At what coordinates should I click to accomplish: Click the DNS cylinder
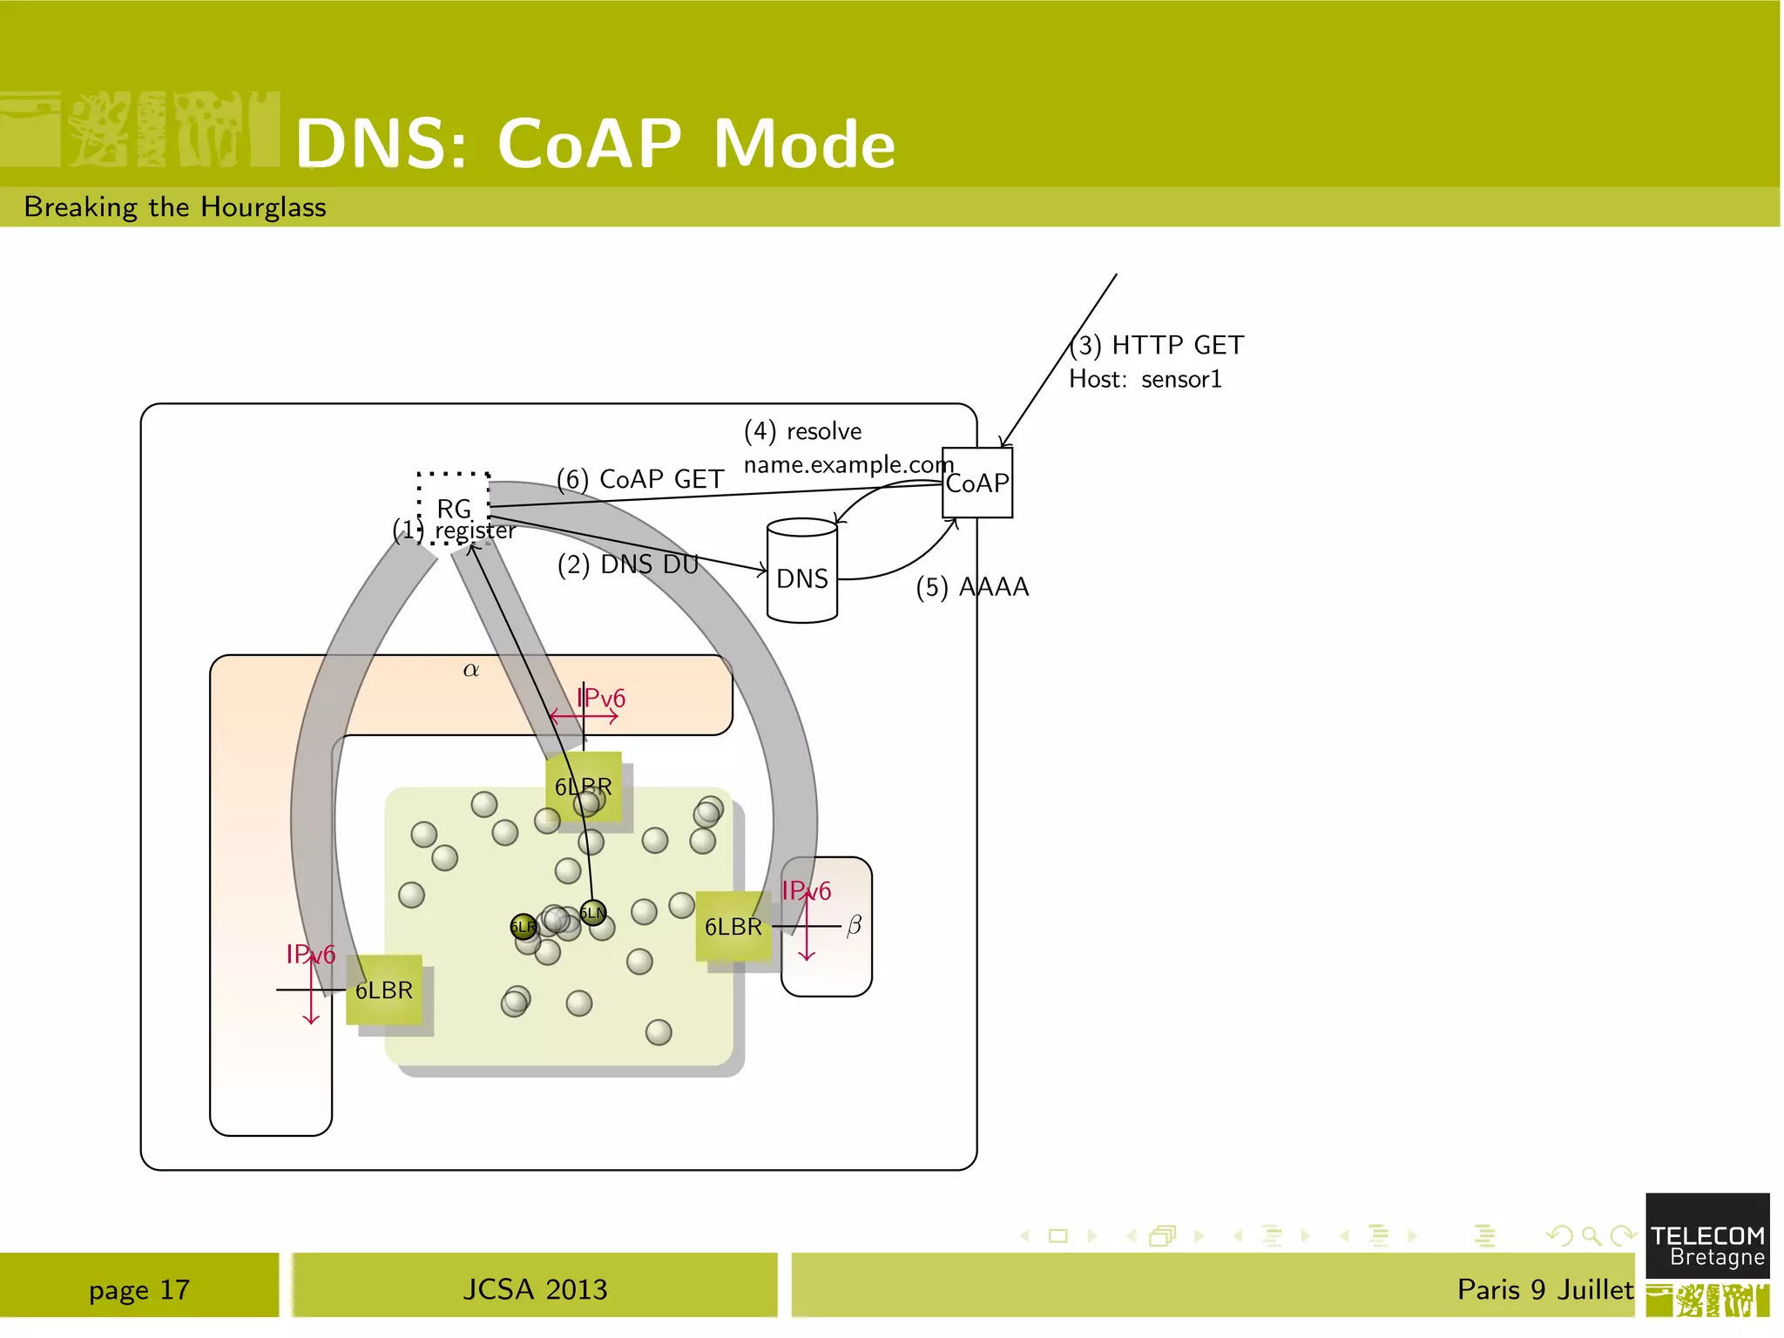[x=801, y=571]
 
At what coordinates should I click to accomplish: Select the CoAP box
[x=977, y=483]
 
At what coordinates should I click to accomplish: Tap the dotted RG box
[x=453, y=508]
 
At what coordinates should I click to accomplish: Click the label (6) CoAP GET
[x=640, y=479]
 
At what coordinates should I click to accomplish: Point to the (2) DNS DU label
[x=628, y=564]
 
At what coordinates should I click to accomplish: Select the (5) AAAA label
[x=972, y=587]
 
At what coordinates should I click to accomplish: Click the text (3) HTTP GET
[x=1159, y=346]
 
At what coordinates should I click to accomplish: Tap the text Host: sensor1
[x=1145, y=380]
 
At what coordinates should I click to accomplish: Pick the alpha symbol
[x=471, y=670]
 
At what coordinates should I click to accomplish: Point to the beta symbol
[x=854, y=925]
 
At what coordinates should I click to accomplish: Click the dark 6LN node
[x=592, y=913]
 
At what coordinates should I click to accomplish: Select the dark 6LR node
[x=523, y=927]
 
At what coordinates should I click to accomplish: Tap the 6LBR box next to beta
[x=733, y=927]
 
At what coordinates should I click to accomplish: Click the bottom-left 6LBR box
[x=384, y=990]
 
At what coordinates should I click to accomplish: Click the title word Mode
[x=804, y=144]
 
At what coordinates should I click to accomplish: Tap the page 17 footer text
[x=139, y=1289]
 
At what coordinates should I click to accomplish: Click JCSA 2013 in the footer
[x=535, y=1289]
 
